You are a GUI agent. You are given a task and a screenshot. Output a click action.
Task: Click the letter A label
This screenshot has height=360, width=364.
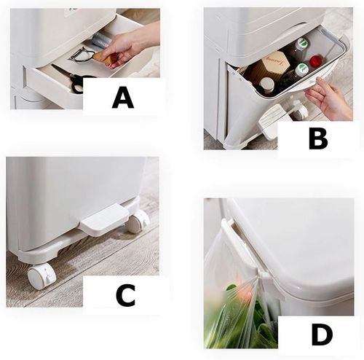coord(123,98)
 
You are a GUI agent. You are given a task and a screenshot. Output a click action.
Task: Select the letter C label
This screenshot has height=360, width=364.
coord(125,295)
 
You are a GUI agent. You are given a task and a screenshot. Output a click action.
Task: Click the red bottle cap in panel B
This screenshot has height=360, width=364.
coord(315,60)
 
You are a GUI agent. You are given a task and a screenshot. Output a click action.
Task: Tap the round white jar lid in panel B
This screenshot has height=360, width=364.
coord(266,83)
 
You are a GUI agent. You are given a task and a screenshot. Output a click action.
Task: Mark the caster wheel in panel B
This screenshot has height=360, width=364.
coord(301,111)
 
